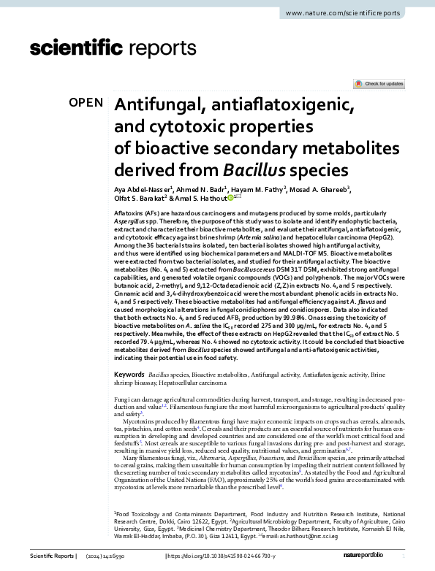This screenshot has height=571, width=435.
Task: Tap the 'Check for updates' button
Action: pos(379,84)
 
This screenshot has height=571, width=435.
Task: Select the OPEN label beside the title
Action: pos(86,103)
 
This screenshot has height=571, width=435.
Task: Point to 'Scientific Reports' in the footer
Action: pos(51,556)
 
